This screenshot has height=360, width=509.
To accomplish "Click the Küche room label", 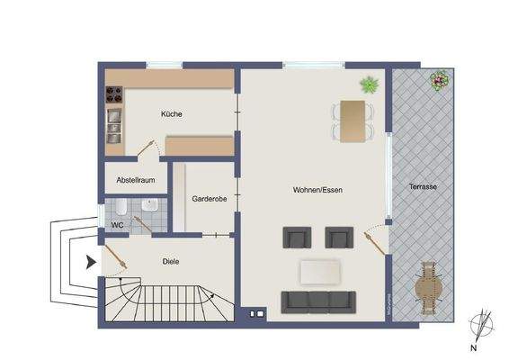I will [172, 114].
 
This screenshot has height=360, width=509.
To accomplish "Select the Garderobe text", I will [210, 200].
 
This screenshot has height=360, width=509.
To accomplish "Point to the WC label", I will [117, 225].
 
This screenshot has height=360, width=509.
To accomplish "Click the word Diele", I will [171, 263].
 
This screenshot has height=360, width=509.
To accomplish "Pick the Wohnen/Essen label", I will [317, 190].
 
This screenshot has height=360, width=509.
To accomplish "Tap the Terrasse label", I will [422, 186].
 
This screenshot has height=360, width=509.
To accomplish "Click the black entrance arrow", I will [91, 264].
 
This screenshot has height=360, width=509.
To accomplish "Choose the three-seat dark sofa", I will [319, 301].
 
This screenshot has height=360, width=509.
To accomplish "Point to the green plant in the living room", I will [369, 85].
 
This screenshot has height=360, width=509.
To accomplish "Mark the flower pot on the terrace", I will [438, 81].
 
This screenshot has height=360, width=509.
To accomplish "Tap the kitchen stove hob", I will [115, 93].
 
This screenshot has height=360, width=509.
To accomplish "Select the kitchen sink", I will [115, 121].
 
